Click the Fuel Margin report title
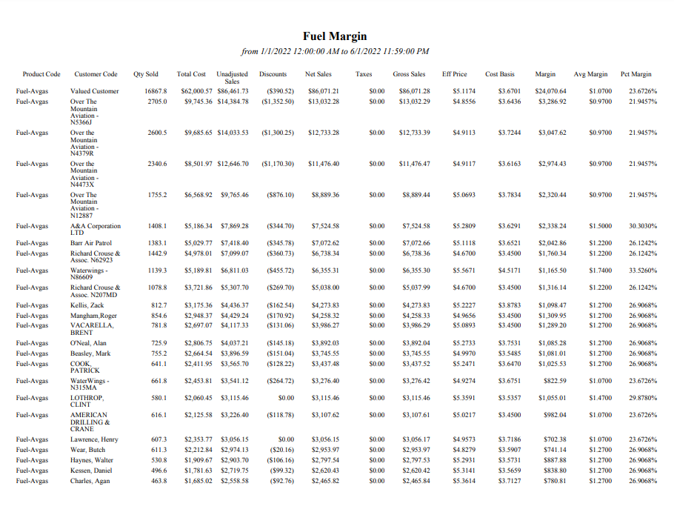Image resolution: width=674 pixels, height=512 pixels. pos(335,36)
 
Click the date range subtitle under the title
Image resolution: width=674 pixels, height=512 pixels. pos(335,51)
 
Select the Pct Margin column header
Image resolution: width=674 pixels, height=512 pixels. pos(635,74)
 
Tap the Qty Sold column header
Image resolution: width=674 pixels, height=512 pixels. pos(146,74)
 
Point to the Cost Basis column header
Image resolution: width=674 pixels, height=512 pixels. pos(500,74)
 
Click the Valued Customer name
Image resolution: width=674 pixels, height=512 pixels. pos(94,92)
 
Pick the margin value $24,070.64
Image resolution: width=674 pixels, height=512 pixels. pos(550,92)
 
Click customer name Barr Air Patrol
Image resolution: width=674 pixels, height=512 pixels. pos(91,243)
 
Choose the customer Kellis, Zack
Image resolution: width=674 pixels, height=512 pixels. pos(88,305)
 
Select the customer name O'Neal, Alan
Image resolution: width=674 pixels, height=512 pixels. pos(88,343)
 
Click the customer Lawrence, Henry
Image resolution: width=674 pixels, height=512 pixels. pos(94,439)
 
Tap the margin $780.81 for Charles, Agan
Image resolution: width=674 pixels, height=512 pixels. pos(555,481)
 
